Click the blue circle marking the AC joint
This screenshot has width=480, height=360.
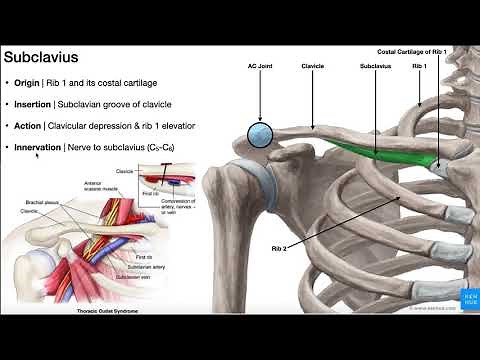(260, 133)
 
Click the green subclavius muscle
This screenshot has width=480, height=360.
(385, 150)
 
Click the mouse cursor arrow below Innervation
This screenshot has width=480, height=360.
(38, 156)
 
